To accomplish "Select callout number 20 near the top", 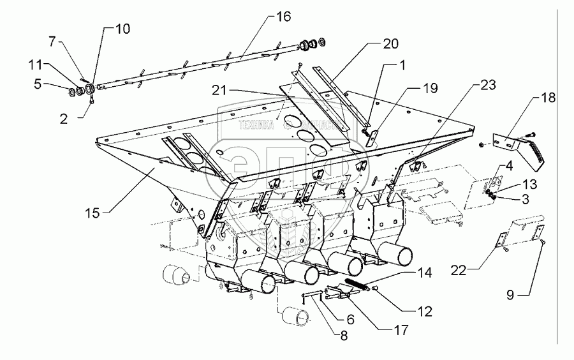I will coord(390,44).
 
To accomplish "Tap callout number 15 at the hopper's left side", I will coord(94,212).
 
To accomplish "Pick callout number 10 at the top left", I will coord(121,29).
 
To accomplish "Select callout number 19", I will coord(430,87).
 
